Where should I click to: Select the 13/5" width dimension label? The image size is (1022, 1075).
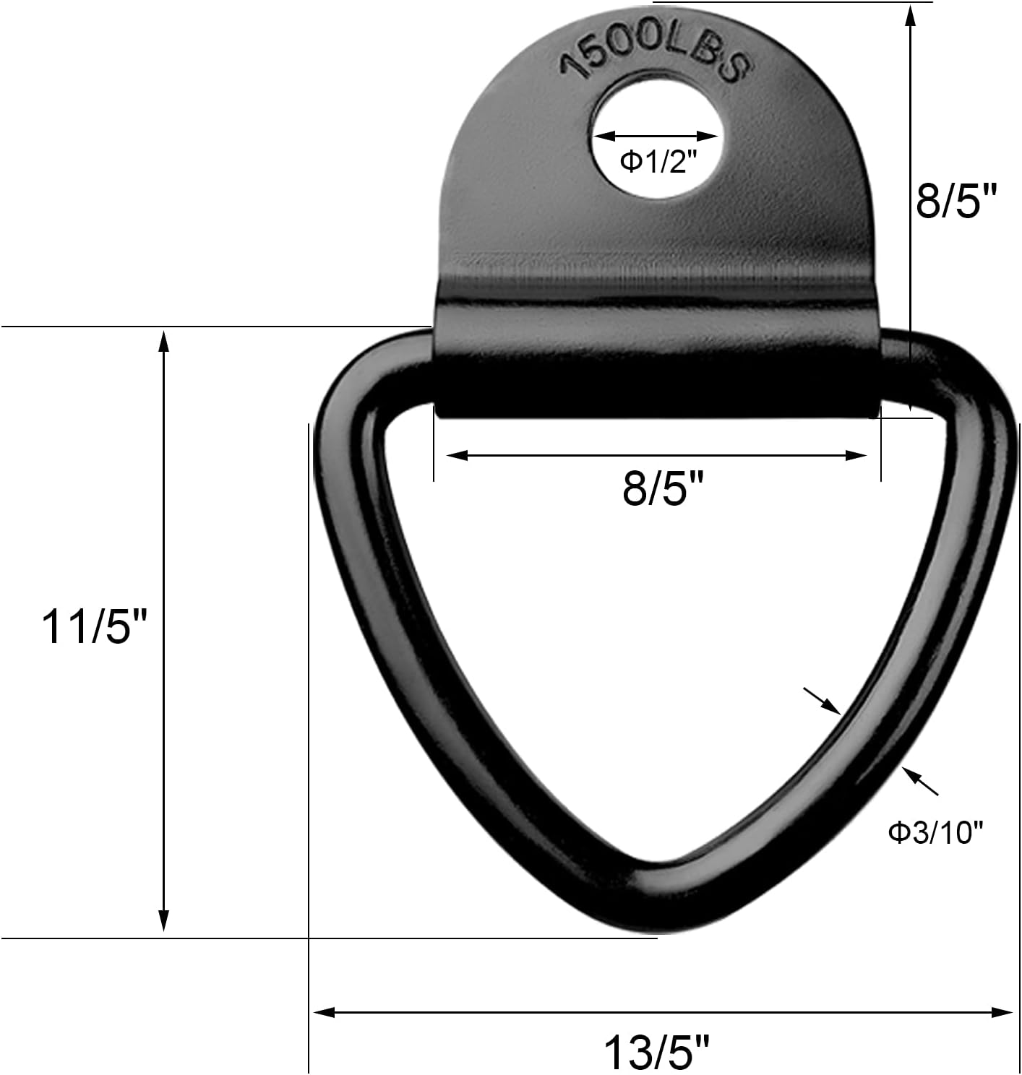657,1051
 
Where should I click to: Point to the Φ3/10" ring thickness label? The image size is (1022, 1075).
936,833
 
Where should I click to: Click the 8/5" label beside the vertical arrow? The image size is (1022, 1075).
956,200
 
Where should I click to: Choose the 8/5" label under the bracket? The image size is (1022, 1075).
663,489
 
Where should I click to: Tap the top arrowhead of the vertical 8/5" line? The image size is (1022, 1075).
910,13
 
